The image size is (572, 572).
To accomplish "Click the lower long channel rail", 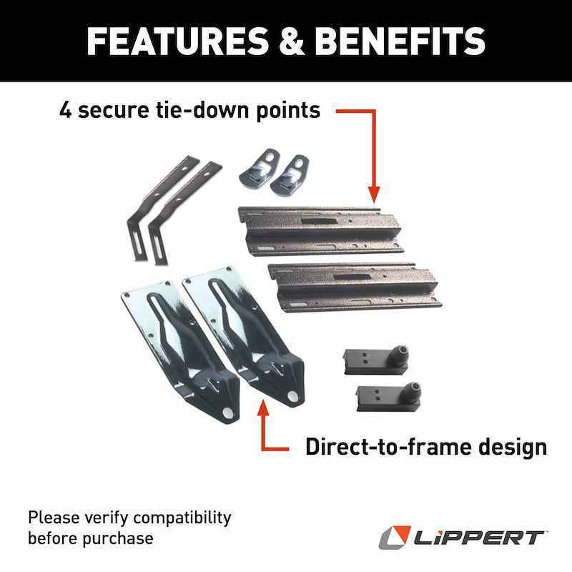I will [353, 285].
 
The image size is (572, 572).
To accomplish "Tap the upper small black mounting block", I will [376, 357].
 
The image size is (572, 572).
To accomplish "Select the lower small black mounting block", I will [386, 395].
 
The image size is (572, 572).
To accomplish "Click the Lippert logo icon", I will [393, 537].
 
